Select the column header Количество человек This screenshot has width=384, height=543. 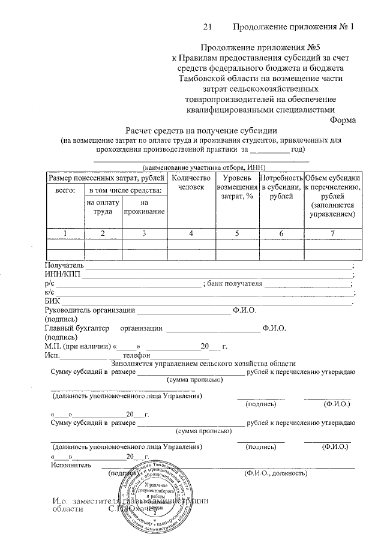191,183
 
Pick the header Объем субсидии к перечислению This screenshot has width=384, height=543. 332,195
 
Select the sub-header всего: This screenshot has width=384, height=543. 64,190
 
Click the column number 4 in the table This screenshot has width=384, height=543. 191,233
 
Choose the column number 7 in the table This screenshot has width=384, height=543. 332,233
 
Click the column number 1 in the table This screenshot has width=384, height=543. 64,233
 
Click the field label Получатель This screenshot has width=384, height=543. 63,265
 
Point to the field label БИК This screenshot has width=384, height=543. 53,301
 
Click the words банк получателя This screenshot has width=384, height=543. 235,283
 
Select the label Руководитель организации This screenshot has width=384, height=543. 89,310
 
